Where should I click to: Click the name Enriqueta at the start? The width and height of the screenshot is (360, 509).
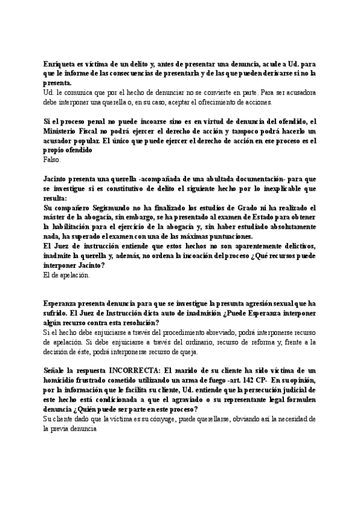click(61, 64)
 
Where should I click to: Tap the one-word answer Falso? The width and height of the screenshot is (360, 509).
click(53, 160)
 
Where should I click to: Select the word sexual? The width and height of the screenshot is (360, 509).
click(292, 304)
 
